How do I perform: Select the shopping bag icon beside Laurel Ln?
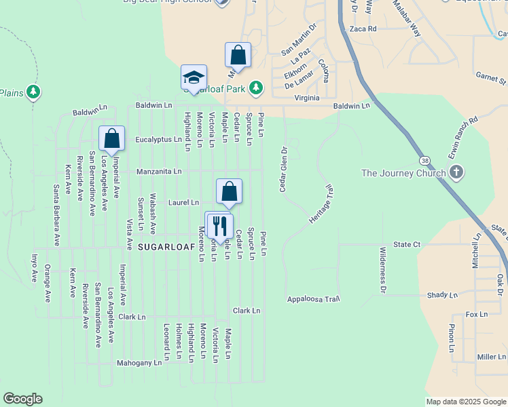pyautogui.click(x=230, y=191)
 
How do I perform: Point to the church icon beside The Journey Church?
pyautogui.click(x=456, y=172)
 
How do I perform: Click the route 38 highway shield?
pyautogui.click(x=424, y=160)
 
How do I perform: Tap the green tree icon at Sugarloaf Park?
pyautogui.click(x=255, y=88)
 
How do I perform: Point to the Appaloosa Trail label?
pyautogui.click(x=312, y=298)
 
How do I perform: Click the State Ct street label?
pyautogui.click(x=407, y=244)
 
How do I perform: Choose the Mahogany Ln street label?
pyautogui.click(x=139, y=363)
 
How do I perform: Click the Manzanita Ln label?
pyautogui.click(x=158, y=172)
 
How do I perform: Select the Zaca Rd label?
pyautogui.click(x=363, y=29)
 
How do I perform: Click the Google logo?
pyautogui.click(x=22, y=399)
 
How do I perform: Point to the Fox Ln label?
pyautogui.click(x=477, y=315)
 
